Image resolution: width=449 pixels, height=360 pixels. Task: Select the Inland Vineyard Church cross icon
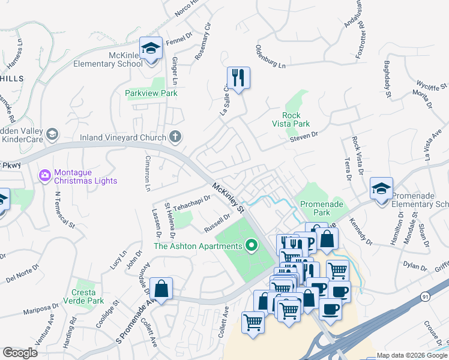coord(175,137)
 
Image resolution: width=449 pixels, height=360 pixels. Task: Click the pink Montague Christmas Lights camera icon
coord(44,175)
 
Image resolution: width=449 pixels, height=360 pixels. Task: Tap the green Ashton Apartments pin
coord(252,245)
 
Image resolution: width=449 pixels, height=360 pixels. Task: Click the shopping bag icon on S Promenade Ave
coord(161,289)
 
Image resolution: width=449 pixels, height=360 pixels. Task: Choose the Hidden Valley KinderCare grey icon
coord(52,134)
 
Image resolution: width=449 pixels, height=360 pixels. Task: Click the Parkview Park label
coord(151,94)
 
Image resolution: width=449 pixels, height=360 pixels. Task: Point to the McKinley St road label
coord(229,199)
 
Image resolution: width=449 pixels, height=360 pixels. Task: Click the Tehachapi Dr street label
coord(193,202)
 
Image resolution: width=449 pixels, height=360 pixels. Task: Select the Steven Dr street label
coord(304,139)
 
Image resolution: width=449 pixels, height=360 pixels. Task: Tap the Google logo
coord(20,353)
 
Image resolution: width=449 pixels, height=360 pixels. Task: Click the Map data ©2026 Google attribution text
coord(411,355)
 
